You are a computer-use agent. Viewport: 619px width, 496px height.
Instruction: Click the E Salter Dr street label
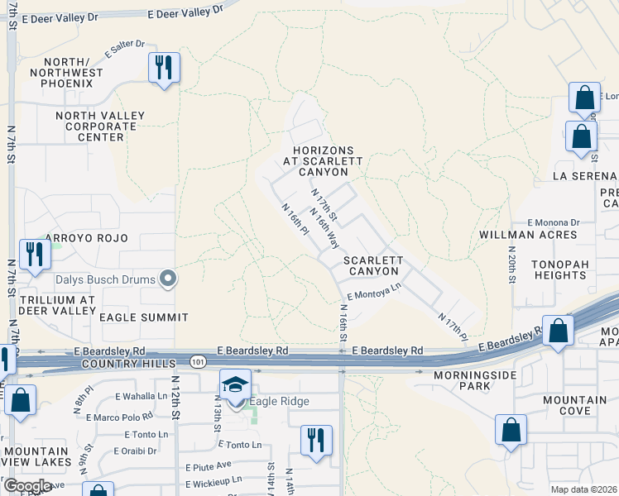click(125, 50)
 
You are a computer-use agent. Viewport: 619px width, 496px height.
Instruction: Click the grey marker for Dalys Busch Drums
click(168, 279)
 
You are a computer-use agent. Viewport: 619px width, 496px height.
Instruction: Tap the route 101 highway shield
click(197, 362)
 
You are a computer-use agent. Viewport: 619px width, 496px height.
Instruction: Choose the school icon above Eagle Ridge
click(235, 384)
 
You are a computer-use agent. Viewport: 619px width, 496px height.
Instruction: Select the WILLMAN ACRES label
click(528, 235)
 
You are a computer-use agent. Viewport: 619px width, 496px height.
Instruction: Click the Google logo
click(27, 485)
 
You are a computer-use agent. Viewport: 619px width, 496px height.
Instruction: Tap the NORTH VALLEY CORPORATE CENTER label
click(99, 126)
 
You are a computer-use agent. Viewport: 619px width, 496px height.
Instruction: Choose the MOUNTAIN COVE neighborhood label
click(580, 405)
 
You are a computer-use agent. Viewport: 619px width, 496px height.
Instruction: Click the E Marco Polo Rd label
click(124, 417)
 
